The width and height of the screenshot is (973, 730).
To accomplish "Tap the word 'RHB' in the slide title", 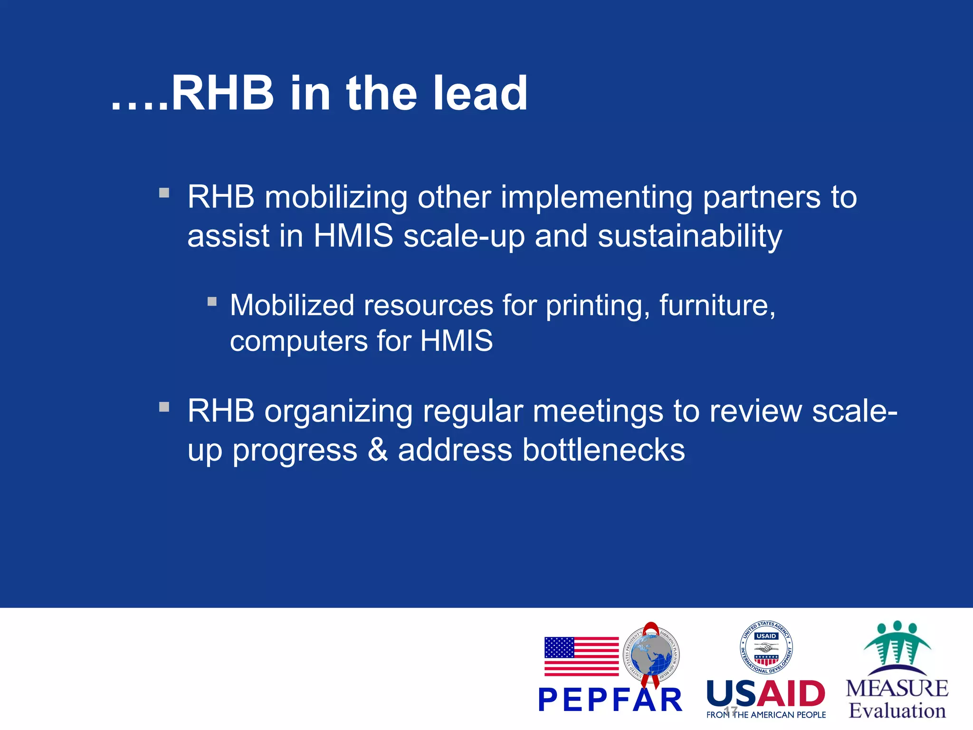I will click(222, 94).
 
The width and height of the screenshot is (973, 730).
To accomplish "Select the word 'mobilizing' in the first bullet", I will click(336, 197).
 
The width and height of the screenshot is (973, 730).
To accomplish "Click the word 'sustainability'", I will click(689, 236).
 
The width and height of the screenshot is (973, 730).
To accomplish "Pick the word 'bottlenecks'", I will click(603, 450).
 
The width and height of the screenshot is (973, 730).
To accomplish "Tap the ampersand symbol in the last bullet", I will click(378, 450).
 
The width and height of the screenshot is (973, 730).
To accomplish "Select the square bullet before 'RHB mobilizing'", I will click(164, 193).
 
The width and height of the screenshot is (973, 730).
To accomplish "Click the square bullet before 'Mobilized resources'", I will click(212, 301).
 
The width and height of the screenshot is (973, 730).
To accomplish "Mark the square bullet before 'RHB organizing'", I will click(164, 407).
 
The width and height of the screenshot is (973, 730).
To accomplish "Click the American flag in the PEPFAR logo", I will click(581, 656).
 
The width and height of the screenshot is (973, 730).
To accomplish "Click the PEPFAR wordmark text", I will click(610, 701).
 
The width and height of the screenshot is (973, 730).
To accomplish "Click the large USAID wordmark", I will click(766, 694).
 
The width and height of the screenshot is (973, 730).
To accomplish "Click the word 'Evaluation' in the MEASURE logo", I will click(897, 711).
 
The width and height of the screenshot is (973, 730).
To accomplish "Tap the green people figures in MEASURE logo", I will click(897, 644).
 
